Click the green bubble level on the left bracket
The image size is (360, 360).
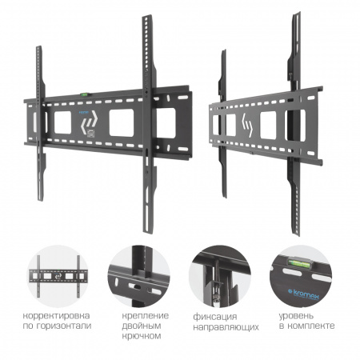[x=84, y=94]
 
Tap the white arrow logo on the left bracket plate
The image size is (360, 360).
[x=90, y=122]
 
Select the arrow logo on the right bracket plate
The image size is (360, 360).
[x=246, y=125]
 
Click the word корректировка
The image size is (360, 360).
[x=56, y=316]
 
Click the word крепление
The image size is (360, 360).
[x=146, y=316]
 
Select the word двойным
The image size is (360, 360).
[x=142, y=326]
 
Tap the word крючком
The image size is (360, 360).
[x=142, y=336]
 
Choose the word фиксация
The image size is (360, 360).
[x=215, y=317]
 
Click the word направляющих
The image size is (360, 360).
[x=226, y=327]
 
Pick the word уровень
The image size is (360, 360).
[x=296, y=316]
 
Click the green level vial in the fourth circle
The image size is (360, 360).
[x=299, y=262]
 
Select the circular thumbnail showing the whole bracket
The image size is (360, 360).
[x=58, y=276]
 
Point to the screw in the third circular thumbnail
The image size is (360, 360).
[x=217, y=295]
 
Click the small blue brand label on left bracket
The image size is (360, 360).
[x=84, y=113]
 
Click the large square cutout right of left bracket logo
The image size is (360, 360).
[x=122, y=123]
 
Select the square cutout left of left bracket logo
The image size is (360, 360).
[x=62, y=122]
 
